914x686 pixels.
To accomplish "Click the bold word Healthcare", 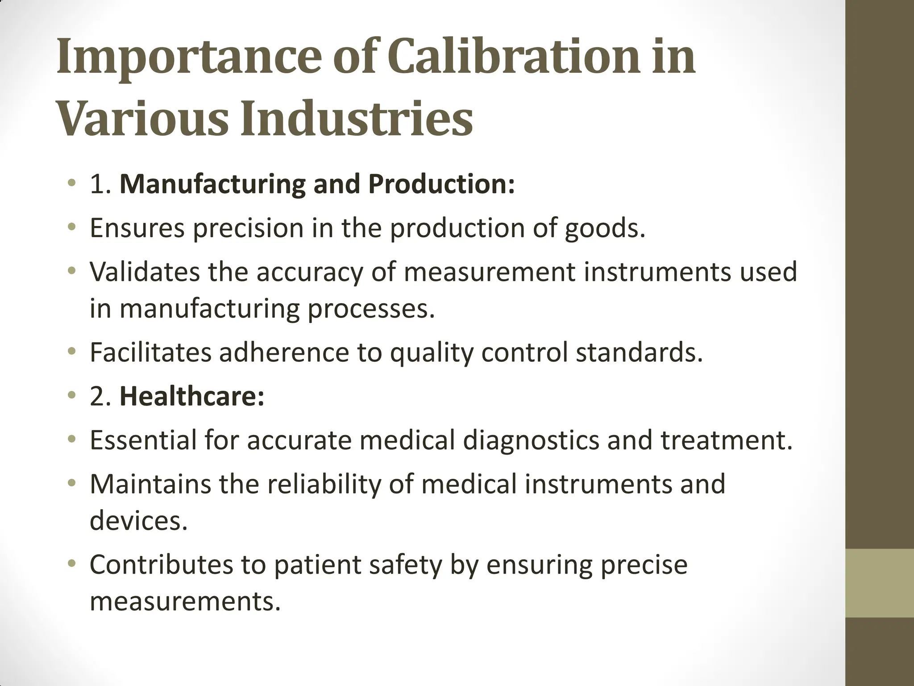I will click(x=192, y=396).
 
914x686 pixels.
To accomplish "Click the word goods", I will click(x=605, y=228).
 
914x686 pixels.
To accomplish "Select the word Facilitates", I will click(x=150, y=352).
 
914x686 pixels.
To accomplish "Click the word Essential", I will click(x=143, y=439).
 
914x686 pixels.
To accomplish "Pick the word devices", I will click(x=138, y=520).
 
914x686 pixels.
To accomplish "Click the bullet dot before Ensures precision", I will click(x=71, y=229).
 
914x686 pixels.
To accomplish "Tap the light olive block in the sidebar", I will click(x=880, y=583).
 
